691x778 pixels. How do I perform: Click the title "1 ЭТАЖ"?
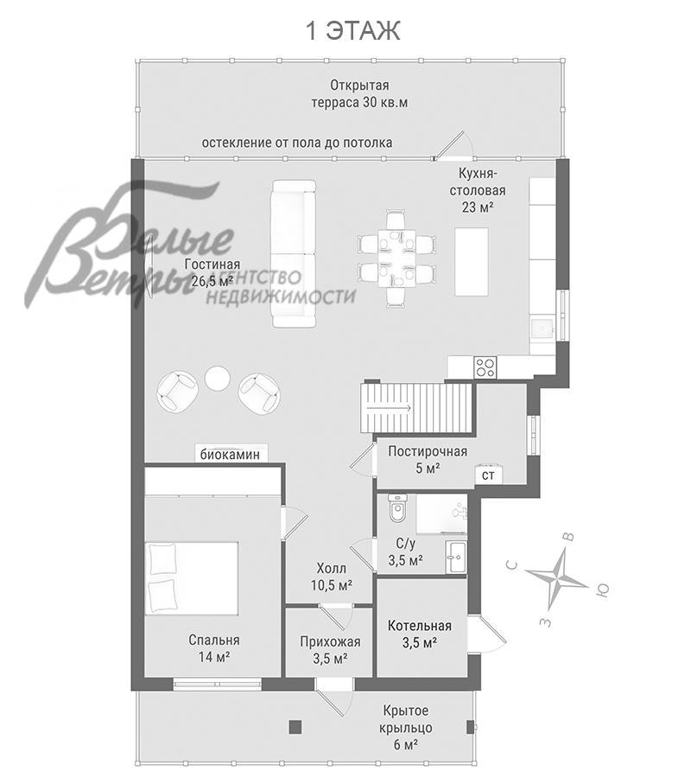point(352,31)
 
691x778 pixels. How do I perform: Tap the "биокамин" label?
point(230,455)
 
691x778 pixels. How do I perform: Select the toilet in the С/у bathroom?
point(397,507)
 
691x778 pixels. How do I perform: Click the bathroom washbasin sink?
point(456,557)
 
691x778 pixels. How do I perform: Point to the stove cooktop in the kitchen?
point(485,367)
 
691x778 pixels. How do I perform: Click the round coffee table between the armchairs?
point(217,379)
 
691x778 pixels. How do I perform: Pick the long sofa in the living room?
point(294,253)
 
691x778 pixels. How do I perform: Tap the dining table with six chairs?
point(397,258)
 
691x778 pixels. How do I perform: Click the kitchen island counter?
point(472,261)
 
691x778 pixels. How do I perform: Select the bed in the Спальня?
point(192,578)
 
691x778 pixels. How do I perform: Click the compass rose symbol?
point(558,576)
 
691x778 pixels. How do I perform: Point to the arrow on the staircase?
point(389,408)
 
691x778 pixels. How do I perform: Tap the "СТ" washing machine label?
point(488,475)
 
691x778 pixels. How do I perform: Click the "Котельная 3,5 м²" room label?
point(420,635)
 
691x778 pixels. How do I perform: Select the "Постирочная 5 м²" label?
point(428,460)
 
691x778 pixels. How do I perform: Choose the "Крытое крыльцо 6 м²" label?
point(406,728)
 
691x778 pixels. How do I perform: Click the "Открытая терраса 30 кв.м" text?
point(359,93)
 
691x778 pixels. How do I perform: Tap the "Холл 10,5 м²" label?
point(332,577)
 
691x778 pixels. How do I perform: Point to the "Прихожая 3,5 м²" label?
point(330,650)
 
